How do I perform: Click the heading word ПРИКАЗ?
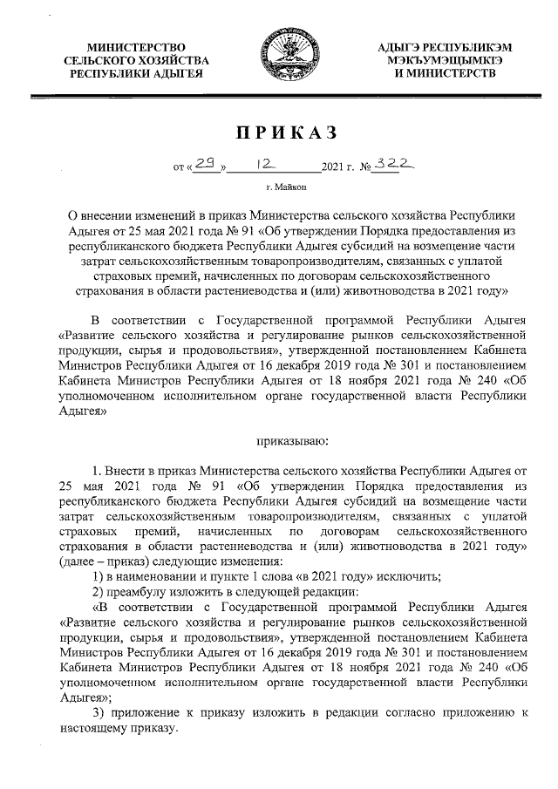[278, 133]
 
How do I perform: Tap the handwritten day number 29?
[206, 163]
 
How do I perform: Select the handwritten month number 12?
[262, 163]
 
